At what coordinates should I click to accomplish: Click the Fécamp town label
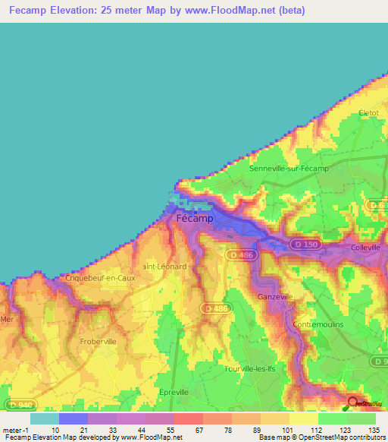(194, 218)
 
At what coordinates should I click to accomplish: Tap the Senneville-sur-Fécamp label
(289, 168)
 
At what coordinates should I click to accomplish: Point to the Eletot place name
(369, 112)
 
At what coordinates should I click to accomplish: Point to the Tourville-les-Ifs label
(255, 368)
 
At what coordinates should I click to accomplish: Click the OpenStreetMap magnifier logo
(353, 404)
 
